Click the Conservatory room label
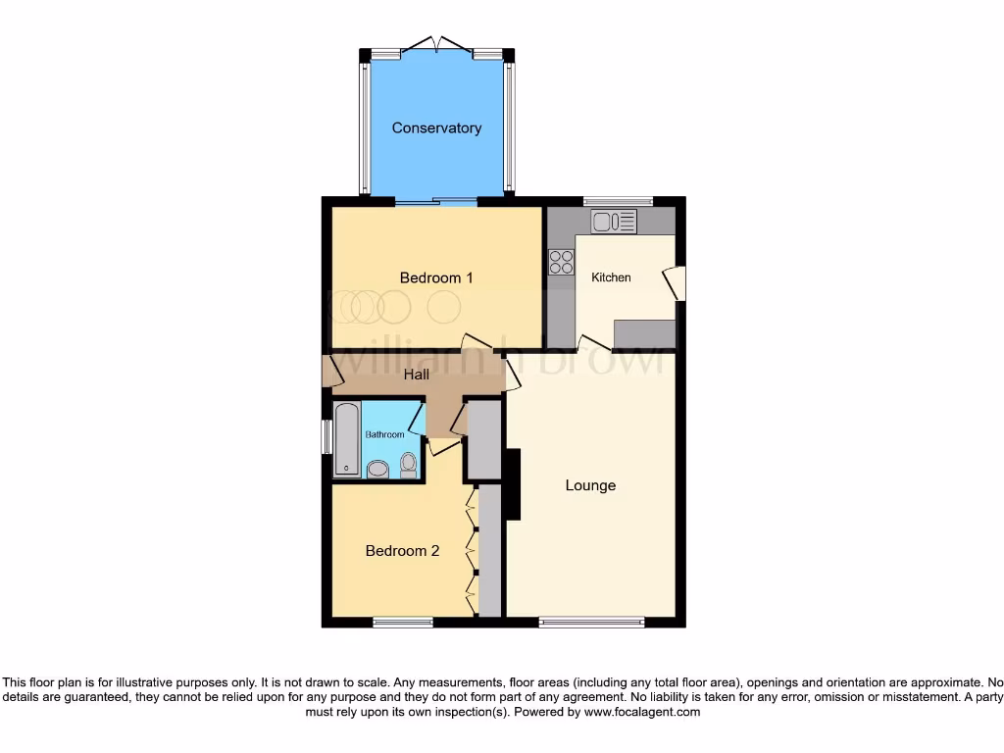436,128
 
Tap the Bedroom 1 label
436,278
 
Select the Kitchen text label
611,277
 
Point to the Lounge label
590,485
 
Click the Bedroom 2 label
402,551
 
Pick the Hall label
417,375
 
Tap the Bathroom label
384,434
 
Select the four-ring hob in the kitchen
562,262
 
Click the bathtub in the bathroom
347,439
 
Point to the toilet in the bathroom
409,465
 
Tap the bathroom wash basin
377,470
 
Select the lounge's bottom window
591,622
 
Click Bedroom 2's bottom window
403,622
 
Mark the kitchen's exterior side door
676,283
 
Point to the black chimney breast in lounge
511,484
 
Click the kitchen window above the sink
618,201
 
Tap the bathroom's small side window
326,437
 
